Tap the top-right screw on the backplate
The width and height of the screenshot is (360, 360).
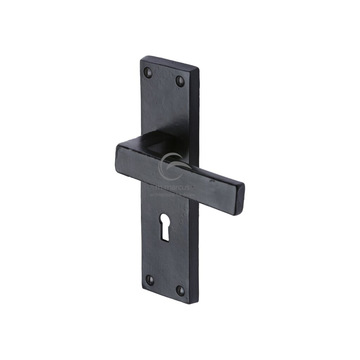point(180,82)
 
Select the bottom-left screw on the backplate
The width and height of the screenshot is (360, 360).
point(150,280)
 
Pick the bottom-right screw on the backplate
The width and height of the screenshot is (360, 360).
point(180,290)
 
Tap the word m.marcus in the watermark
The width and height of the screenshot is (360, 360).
point(172,187)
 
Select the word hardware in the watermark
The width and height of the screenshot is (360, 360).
point(186,194)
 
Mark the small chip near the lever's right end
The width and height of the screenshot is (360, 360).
point(212,181)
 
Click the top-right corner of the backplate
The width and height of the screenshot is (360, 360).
point(198,69)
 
